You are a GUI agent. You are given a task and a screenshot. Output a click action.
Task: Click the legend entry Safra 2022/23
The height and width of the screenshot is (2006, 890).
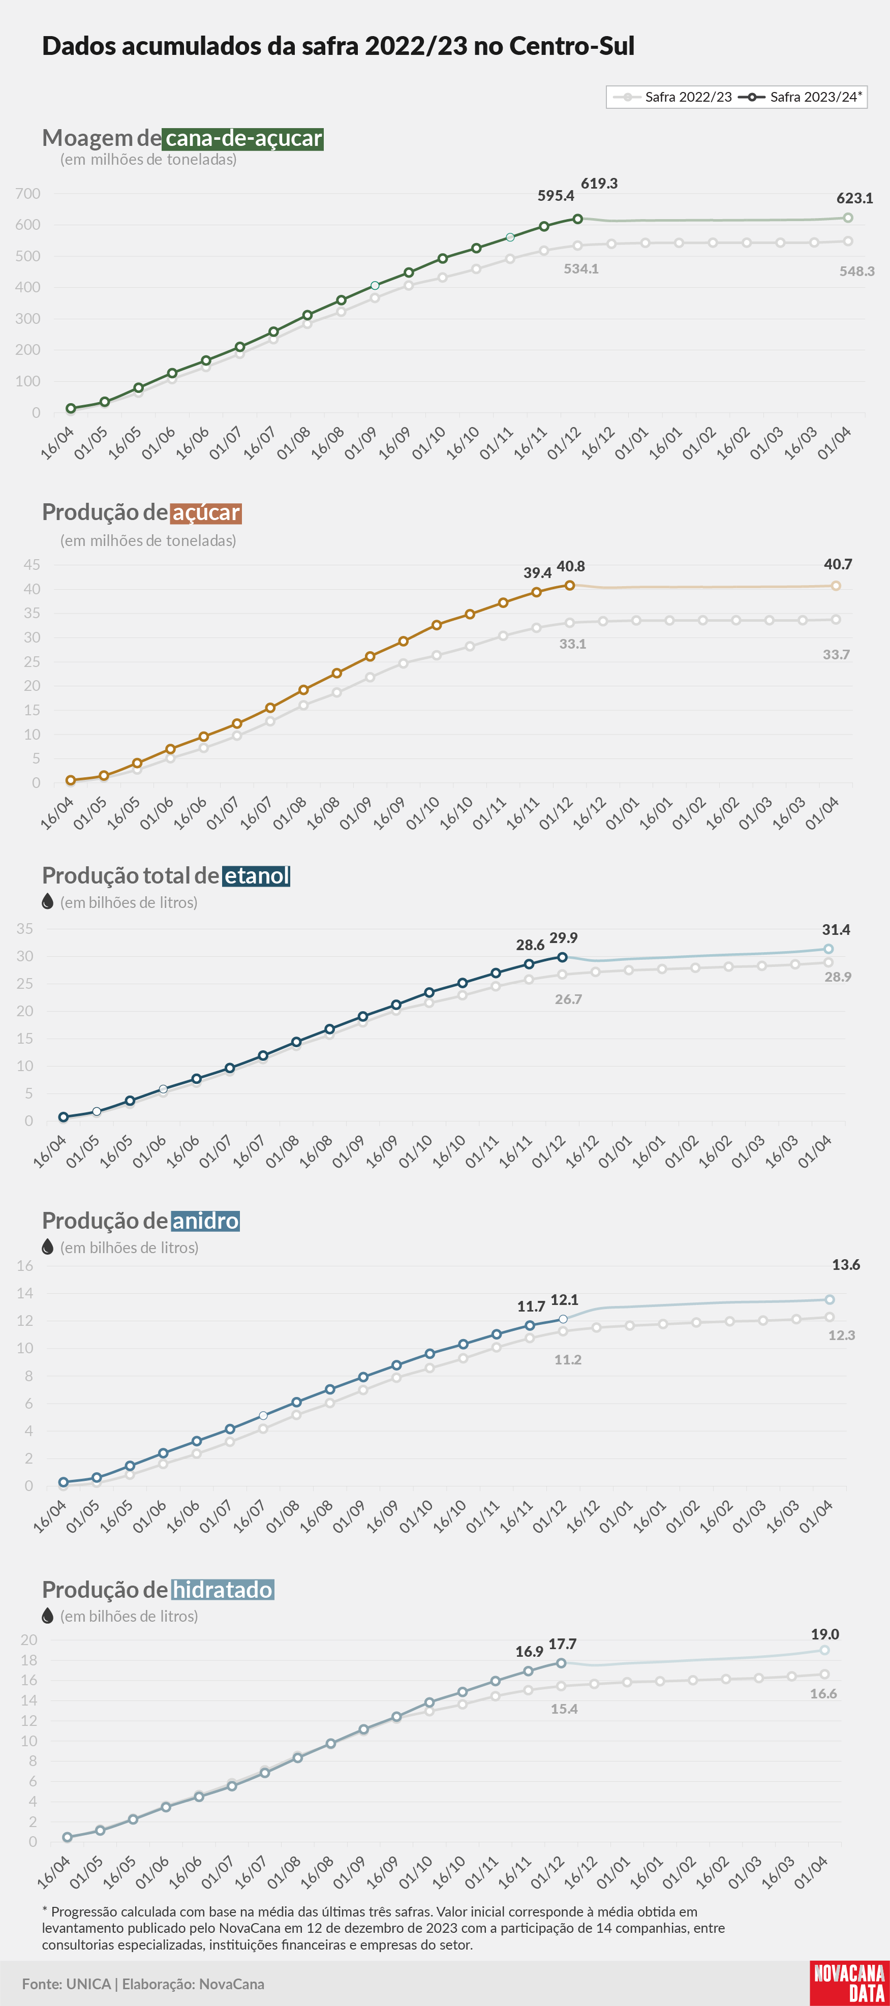click(x=673, y=97)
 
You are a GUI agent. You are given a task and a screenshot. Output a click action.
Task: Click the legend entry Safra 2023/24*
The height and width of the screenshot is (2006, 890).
click(x=801, y=97)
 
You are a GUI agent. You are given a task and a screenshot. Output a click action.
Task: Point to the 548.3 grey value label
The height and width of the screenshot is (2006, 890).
click(x=856, y=271)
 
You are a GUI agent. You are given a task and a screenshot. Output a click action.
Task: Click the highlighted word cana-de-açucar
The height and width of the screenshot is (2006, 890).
click(x=243, y=139)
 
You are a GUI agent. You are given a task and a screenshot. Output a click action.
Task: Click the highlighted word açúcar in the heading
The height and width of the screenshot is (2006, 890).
click(x=205, y=512)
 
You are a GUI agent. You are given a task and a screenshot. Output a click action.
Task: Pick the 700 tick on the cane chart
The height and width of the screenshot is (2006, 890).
click(x=28, y=194)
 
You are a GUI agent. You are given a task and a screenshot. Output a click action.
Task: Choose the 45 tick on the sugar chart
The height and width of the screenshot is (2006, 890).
click(x=32, y=565)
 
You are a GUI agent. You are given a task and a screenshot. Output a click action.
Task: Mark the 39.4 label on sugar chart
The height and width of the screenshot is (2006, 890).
click(x=537, y=572)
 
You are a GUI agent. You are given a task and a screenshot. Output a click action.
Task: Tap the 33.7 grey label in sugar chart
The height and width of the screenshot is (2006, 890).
click(x=836, y=654)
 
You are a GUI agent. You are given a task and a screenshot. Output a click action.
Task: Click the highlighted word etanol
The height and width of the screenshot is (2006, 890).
click(x=256, y=876)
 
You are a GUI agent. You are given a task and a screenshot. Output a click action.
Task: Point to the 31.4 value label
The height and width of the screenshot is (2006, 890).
click(x=836, y=930)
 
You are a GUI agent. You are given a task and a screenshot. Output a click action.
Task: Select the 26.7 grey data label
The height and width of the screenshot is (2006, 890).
click(x=568, y=999)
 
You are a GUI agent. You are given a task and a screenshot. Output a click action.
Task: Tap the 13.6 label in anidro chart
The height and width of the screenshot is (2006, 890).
click(x=846, y=1265)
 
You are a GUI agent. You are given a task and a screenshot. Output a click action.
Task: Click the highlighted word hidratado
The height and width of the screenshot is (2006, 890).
click(x=222, y=1589)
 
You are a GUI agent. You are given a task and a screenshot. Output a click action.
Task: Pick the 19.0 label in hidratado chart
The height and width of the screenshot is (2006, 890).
click(x=825, y=1634)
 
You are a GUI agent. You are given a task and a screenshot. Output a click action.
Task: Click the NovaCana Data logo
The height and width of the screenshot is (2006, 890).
click(x=849, y=1983)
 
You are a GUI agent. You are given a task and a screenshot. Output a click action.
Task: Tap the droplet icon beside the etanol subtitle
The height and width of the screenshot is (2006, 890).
click(x=47, y=902)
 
